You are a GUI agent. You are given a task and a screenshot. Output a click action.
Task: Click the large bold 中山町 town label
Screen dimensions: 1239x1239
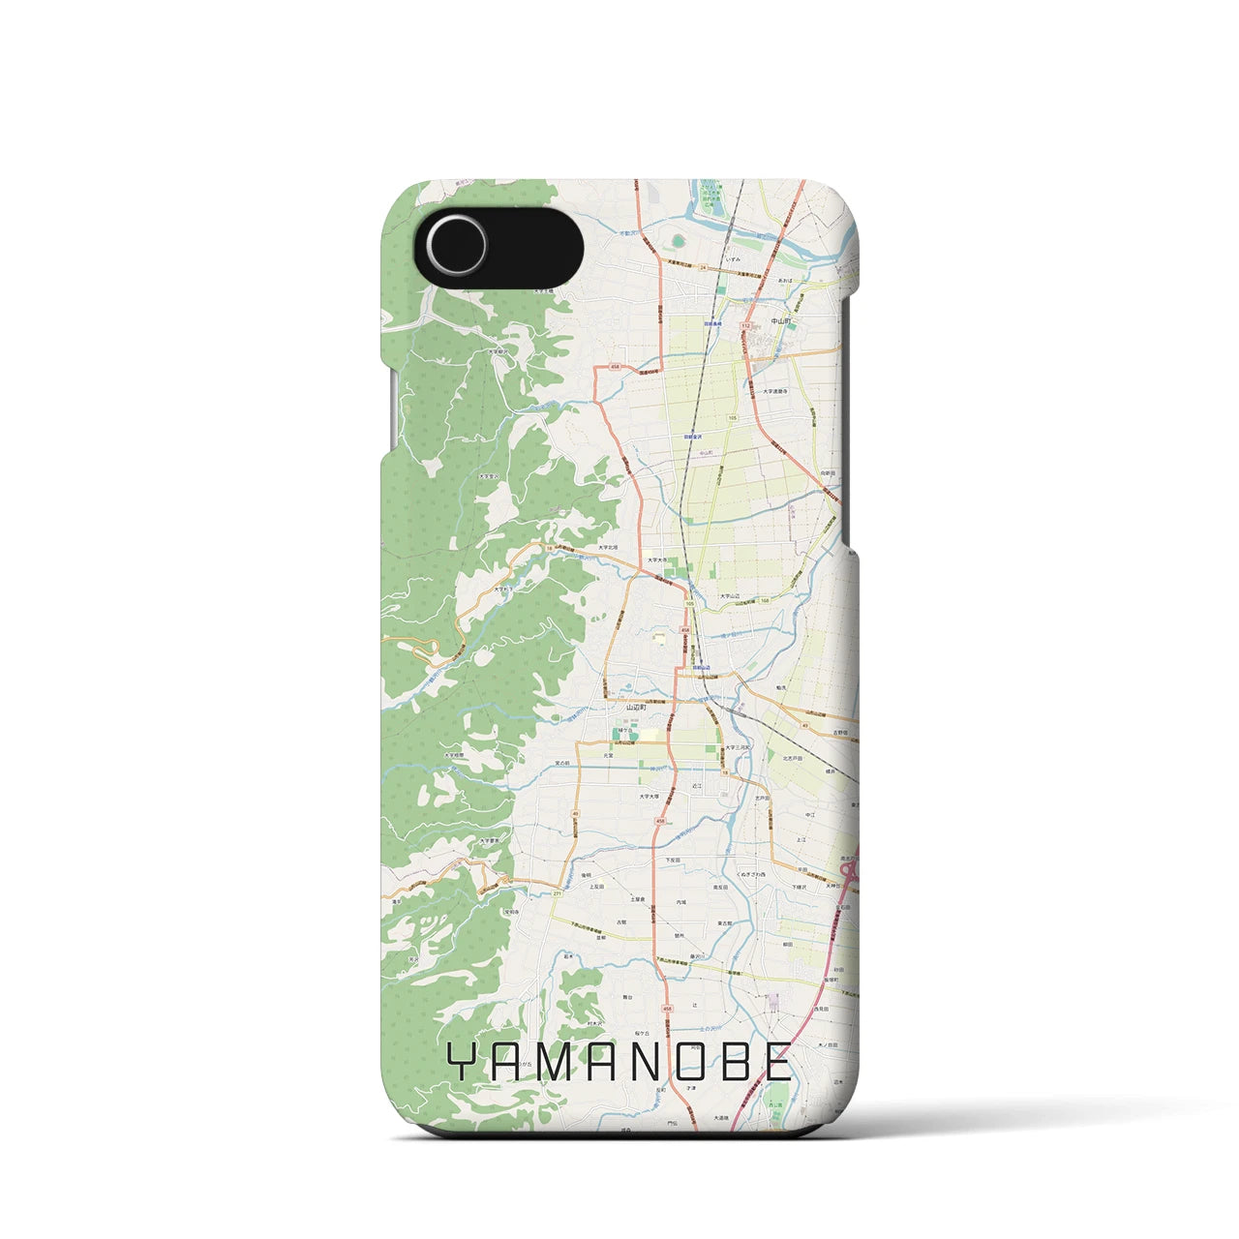pos(781,320)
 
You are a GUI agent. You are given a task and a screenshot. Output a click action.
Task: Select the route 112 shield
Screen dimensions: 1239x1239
pos(745,326)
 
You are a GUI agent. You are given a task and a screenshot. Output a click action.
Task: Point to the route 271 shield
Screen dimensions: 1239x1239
pos(557,893)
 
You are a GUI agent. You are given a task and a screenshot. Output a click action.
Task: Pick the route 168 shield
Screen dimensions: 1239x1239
pos(765,601)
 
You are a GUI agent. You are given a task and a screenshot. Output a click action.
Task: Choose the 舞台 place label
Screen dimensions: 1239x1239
pos(626,996)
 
